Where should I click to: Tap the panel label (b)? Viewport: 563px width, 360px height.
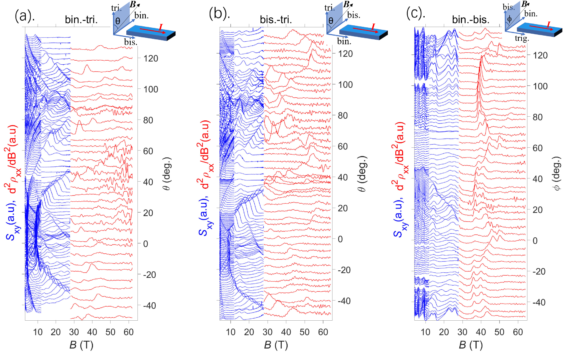click(219, 14)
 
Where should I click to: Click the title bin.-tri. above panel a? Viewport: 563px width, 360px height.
click(81, 20)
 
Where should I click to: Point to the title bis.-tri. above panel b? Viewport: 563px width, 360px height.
click(276, 20)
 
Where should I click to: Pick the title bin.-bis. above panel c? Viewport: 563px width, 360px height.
click(471, 20)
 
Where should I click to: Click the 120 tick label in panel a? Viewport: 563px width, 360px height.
click(151, 59)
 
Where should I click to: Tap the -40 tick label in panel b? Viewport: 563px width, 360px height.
click(344, 301)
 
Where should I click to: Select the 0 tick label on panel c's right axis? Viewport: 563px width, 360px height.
click(535, 241)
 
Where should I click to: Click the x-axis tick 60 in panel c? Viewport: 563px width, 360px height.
click(518, 332)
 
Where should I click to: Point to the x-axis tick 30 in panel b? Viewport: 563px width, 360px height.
click(267, 332)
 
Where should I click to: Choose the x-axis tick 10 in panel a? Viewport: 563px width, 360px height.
click(38, 332)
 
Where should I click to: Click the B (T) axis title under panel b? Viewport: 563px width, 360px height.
click(276, 345)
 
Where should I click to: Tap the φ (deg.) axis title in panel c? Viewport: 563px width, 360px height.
click(557, 174)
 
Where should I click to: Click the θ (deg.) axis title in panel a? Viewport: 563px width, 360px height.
click(167, 174)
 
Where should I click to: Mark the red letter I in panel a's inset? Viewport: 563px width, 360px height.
click(160, 27)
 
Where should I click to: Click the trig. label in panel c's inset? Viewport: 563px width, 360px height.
click(522, 38)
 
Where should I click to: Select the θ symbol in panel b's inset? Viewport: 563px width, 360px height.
click(331, 21)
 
